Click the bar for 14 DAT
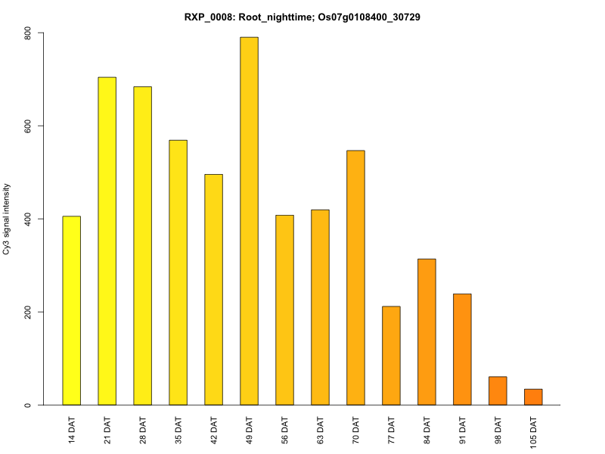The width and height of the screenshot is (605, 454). click(x=71, y=310)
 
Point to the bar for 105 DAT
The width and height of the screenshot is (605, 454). click(x=533, y=397)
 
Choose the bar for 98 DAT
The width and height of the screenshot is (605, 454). click(x=498, y=390)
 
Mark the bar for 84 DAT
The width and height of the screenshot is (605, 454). click(x=427, y=331)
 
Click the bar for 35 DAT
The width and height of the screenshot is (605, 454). click(x=178, y=272)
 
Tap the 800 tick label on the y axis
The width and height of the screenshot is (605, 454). click(x=28, y=33)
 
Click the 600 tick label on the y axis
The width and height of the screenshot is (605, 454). click(x=28, y=126)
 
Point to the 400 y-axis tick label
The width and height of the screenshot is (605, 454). click(x=28, y=219)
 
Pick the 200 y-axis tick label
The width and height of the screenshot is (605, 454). click(x=28, y=312)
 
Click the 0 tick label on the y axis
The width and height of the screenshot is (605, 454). click(x=28, y=405)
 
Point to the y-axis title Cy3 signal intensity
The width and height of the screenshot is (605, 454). click(x=7, y=219)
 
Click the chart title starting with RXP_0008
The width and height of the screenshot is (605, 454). click(x=302, y=16)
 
